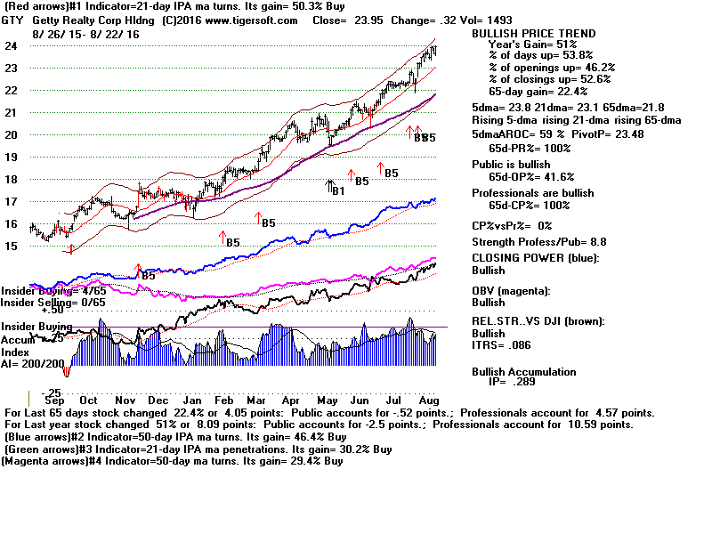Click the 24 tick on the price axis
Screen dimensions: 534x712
click(x=12, y=45)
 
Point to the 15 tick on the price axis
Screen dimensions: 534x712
click(x=12, y=247)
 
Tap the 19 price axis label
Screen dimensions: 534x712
click(x=12, y=157)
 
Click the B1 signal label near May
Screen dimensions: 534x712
click(x=337, y=190)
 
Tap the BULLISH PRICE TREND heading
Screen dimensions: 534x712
click(x=533, y=34)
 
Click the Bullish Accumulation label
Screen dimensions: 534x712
click(x=523, y=372)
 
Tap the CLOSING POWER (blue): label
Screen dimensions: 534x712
click(x=535, y=258)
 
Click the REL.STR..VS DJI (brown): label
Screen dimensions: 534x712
click(x=540, y=320)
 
